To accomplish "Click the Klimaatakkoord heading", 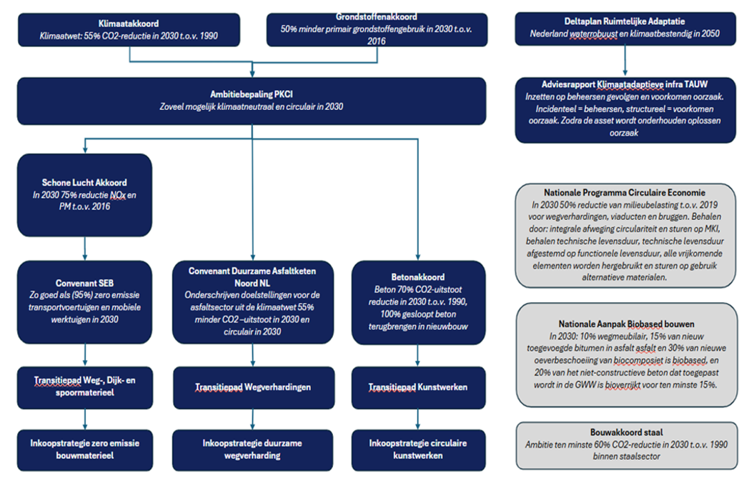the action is [129, 24].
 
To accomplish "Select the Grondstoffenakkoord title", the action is [376, 17].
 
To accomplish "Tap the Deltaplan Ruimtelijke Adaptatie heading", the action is [625, 21].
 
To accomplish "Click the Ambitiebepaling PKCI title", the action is [252, 94].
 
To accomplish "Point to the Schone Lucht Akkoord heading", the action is [84, 183].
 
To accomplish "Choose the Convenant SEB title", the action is [84, 283].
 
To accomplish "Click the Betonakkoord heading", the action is [418, 277].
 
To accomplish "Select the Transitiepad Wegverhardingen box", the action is [254, 388].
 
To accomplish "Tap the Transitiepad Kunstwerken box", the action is [418, 388].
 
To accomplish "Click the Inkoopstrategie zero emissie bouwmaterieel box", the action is [85, 450].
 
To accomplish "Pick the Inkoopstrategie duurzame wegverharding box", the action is [252, 450].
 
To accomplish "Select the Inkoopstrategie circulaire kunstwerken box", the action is [418, 450].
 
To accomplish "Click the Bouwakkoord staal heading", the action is [626, 433].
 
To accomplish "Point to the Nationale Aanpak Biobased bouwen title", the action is [626, 324].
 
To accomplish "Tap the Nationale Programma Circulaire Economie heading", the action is [625, 193].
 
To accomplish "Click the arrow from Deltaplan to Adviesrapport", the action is [625, 61].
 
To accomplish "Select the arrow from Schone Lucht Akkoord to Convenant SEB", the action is [85, 248].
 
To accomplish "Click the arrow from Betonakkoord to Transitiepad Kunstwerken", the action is [417, 355].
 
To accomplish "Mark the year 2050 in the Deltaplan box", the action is [710, 34].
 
